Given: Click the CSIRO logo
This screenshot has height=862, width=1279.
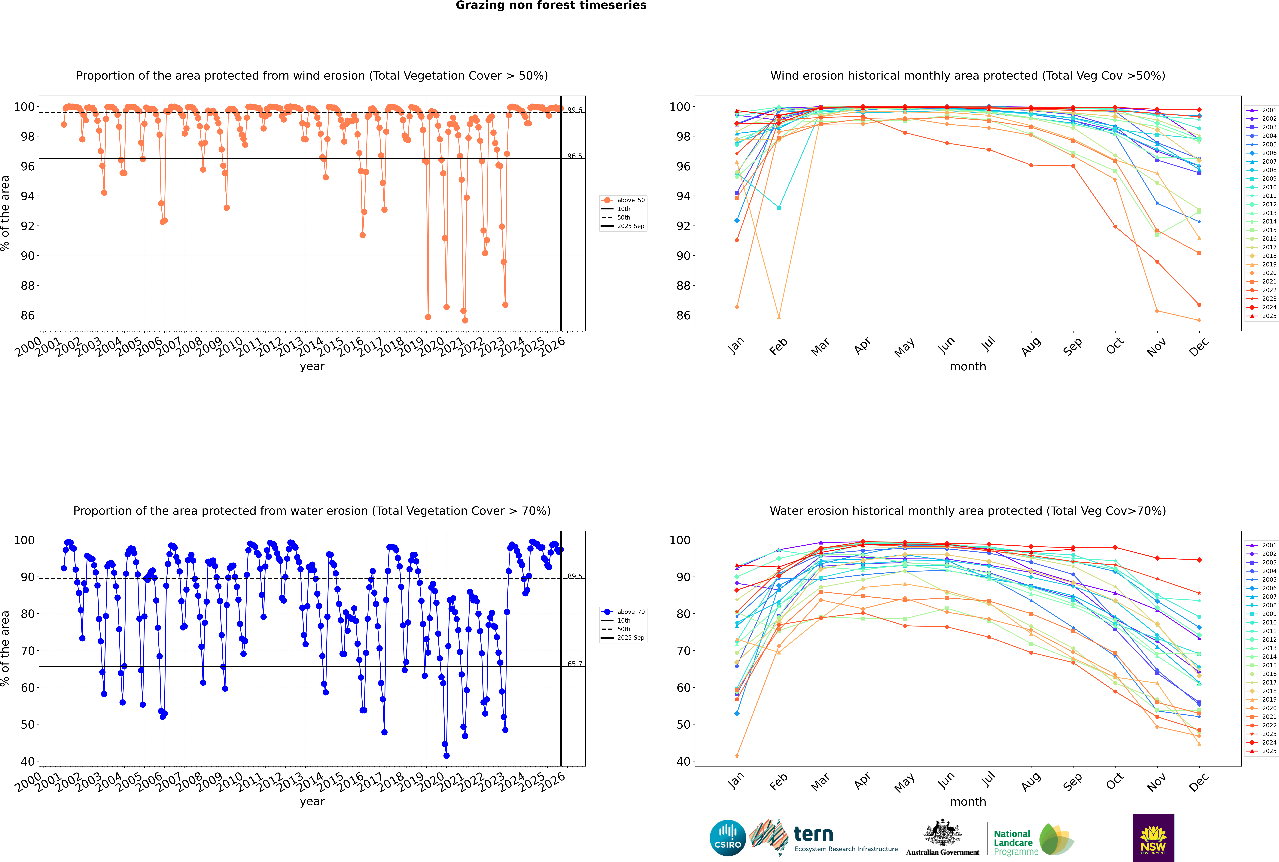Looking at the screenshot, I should pos(727,838).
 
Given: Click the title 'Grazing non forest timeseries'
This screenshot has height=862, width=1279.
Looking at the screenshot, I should pos(551,5).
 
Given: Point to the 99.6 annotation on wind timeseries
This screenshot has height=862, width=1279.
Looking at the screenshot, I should pos(575,110).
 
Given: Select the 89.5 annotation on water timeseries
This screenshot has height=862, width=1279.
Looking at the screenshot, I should pos(575,576).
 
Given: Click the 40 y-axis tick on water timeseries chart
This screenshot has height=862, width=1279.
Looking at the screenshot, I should pos(27,761).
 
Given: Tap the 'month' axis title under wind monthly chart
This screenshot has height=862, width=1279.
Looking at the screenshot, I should pos(968,367).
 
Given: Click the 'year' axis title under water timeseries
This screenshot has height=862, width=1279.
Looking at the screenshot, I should pos(312,802).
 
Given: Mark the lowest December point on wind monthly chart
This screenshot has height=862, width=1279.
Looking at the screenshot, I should pos(1199,320).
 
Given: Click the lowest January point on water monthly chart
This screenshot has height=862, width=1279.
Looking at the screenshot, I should pos(737,755).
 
